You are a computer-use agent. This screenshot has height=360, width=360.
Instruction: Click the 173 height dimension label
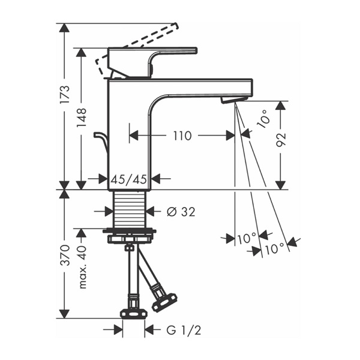click(x=64, y=95)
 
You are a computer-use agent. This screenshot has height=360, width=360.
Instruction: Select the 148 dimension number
click(x=81, y=118)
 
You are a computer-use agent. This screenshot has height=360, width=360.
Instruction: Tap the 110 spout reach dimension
click(x=182, y=136)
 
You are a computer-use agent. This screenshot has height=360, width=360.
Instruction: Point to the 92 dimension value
click(x=281, y=140)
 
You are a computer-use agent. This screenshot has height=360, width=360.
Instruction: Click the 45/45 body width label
click(x=128, y=179)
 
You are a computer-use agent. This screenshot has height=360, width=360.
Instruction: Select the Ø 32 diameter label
click(x=181, y=212)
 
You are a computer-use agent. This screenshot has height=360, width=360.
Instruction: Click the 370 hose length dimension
click(x=64, y=255)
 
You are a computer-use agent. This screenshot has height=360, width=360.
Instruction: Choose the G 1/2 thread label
click(x=184, y=330)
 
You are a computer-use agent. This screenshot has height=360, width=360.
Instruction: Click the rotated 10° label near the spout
click(x=263, y=118)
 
